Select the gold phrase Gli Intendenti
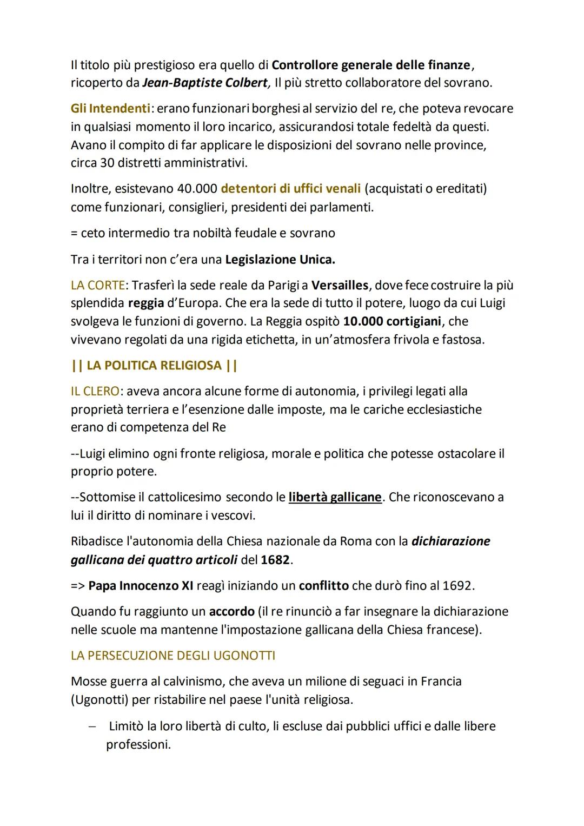[110, 109]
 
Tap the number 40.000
[197, 189]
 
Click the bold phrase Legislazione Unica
[280, 260]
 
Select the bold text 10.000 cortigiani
[393, 321]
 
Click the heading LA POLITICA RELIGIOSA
[154, 366]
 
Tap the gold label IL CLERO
[95, 391]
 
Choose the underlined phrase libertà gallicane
[335, 497]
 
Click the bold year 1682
[275, 560]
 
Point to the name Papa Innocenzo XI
[141, 586]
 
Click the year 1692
[457, 586]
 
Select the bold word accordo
[231, 612]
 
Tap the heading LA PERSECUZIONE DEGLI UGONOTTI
[173, 656]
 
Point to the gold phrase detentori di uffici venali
[291, 189]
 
